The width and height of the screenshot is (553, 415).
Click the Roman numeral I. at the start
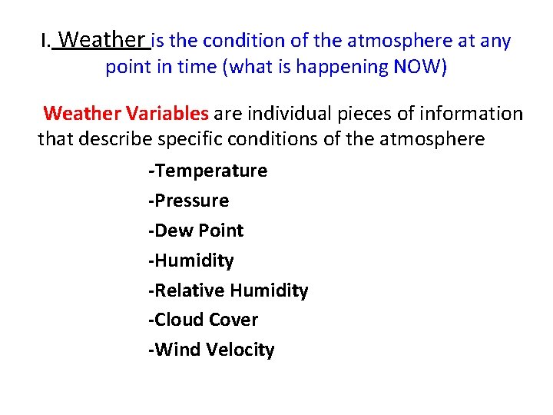46,41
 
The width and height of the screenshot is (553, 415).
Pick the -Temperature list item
207,171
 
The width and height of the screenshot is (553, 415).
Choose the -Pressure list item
188,201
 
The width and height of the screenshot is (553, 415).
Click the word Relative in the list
187,290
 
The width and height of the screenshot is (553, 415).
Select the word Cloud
177,320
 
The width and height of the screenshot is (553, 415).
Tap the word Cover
233,320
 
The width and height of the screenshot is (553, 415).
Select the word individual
286,114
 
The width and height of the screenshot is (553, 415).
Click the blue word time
198,67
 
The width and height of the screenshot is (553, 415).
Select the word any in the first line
496,41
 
